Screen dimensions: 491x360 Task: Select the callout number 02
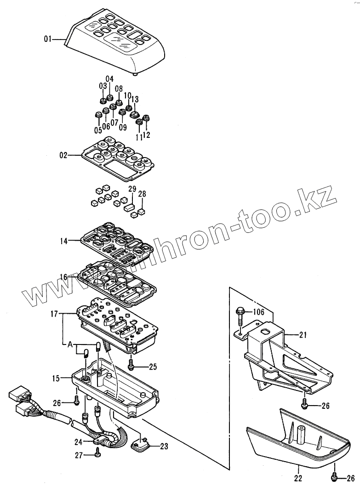click(63, 156)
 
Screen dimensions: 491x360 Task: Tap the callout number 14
click(63, 240)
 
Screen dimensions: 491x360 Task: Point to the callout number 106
click(259, 312)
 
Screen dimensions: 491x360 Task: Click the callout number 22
click(298, 479)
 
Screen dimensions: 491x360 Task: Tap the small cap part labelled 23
click(138, 443)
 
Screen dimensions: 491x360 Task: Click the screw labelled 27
click(97, 454)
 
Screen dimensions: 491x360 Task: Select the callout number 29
click(132, 190)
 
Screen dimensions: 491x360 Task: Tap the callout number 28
click(143, 194)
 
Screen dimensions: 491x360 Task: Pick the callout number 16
click(63, 277)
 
